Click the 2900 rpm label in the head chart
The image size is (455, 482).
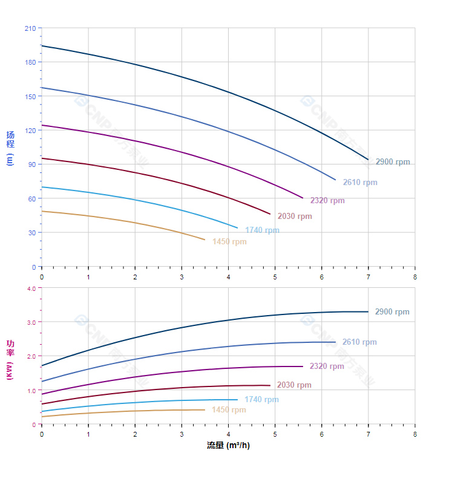click(392, 162)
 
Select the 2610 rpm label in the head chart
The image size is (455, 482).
click(359, 183)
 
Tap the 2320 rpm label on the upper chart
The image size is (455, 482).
click(327, 201)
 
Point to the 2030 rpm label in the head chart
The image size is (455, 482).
click(295, 217)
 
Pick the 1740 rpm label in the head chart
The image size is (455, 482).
click(262, 230)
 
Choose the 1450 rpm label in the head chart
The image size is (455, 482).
click(229, 242)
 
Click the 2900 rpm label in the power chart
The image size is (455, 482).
click(391, 312)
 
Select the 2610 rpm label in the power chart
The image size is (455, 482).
click(359, 342)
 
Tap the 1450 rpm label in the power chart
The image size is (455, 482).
click(229, 410)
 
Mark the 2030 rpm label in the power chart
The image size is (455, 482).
click(294, 385)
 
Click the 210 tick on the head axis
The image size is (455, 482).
click(30, 28)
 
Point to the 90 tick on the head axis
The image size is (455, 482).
click(31, 164)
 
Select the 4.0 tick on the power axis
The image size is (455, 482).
click(31, 288)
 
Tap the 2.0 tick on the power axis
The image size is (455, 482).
click(31, 356)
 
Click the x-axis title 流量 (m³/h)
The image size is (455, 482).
click(228, 446)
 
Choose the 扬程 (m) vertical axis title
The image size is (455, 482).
click(10, 148)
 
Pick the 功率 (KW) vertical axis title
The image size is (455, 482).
click(10, 359)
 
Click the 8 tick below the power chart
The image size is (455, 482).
click(415, 434)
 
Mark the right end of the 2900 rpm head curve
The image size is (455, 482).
click(368, 160)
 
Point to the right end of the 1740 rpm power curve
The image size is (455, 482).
click(237, 399)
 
